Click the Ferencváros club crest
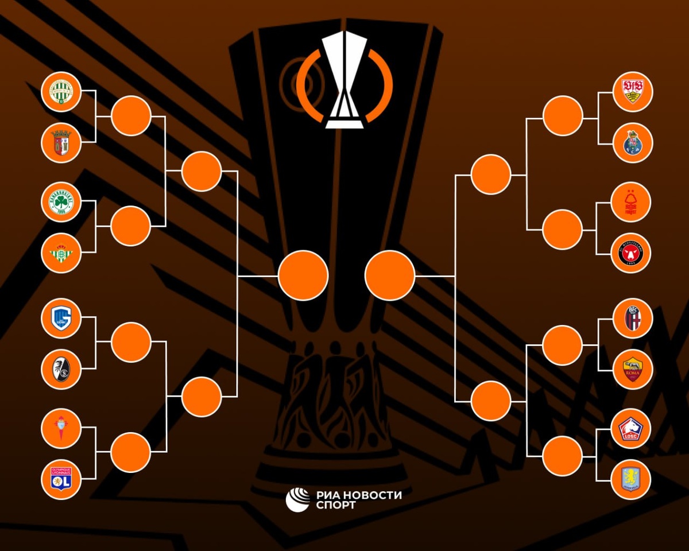coord(61,91)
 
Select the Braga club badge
coord(61,142)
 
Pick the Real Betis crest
coord(61,253)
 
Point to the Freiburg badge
coord(61,369)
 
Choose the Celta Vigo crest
coord(61,428)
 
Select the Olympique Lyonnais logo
coord(61,479)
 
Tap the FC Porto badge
coord(633,142)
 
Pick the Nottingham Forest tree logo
coord(633,202)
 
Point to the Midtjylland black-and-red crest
coord(633,253)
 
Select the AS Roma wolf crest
coord(633,369)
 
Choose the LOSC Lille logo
coord(633,428)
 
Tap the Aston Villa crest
coord(633,479)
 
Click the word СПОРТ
coord(336,506)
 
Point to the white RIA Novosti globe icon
coord(297,499)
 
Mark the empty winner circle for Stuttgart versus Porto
coord(563,116)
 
